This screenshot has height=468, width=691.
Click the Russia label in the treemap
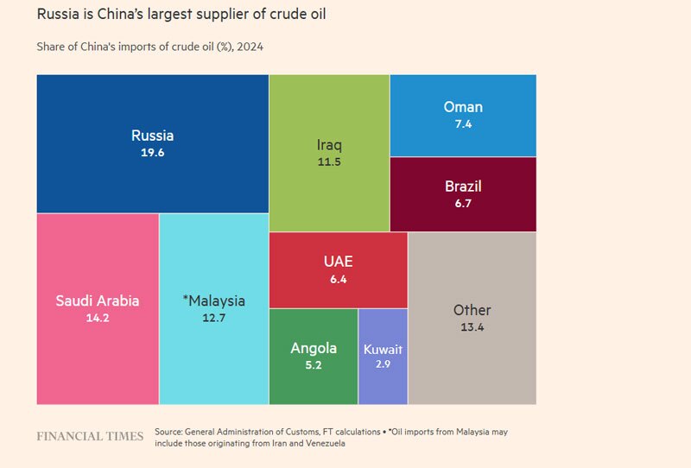pyautogui.click(x=153, y=136)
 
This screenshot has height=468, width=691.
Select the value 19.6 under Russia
pyautogui.click(x=153, y=152)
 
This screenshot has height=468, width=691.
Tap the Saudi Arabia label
pyautogui.click(x=98, y=301)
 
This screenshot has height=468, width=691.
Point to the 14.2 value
pyautogui.click(x=98, y=318)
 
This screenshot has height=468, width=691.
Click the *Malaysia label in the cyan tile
pyautogui.click(x=214, y=301)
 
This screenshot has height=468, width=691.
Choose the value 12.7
pyautogui.click(x=214, y=318)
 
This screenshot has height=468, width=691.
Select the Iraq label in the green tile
pyautogui.click(x=329, y=144)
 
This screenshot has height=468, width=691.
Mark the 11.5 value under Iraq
pyautogui.click(x=329, y=161)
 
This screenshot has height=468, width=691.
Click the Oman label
pyautogui.click(x=463, y=107)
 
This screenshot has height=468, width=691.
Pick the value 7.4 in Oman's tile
pyautogui.click(x=463, y=124)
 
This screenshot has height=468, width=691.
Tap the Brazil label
pyautogui.click(x=463, y=187)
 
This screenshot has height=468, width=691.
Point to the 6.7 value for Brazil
pyautogui.click(x=463, y=204)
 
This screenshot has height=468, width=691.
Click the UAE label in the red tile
pyautogui.click(x=338, y=262)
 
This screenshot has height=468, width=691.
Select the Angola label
pyautogui.click(x=314, y=349)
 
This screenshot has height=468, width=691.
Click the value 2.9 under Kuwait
pyautogui.click(x=383, y=366)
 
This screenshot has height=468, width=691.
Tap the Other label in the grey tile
pyautogui.click(x=472, y=310)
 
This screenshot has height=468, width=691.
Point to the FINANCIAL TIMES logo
pyautogui.click(x=90, y=436)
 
